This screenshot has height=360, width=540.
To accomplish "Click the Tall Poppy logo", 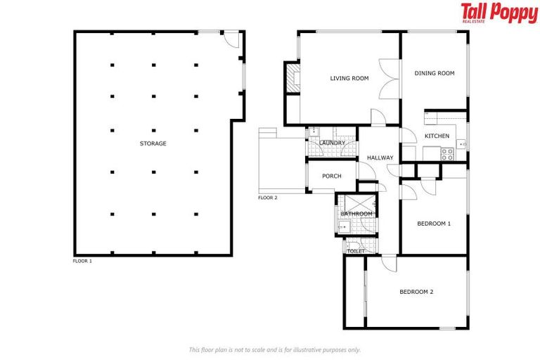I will click(x=499, y=13).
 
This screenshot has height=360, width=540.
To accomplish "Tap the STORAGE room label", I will click(x=153, y=143).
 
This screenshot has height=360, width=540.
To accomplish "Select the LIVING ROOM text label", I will click(x=349, y=78).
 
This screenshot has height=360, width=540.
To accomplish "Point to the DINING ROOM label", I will click(x=434, y=73).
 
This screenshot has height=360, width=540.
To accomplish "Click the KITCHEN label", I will click(x=437, y=136).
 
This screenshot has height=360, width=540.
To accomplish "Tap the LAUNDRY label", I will click(x=332, y=143).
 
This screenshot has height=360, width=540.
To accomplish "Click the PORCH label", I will click(x=331, y=176).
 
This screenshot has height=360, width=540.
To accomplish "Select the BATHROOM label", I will click(x=356, y=214).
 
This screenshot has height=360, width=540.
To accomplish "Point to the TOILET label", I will click(x=356, y=250).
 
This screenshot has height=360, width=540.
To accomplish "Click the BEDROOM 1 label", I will click(x=433, y=224).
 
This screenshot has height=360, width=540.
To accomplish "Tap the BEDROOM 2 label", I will click(x=416, y=291).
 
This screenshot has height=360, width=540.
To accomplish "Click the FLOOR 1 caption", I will click(x=82, y=261).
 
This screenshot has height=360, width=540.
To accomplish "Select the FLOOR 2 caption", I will click(x=267, y=198).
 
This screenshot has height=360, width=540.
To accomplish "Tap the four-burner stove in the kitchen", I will click(x=446, y=154).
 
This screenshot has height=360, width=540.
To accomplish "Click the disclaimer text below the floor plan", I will click(x=274, y=349).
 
